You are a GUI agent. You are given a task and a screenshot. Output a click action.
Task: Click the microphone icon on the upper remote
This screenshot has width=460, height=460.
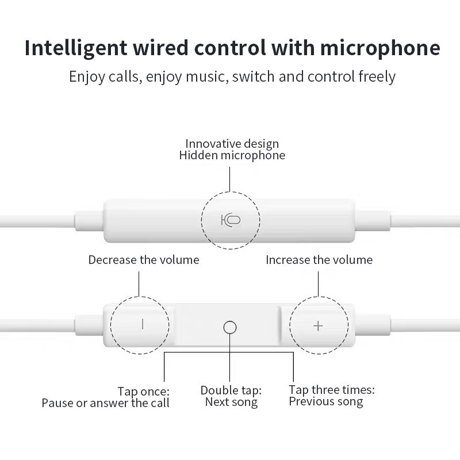tap(231, 220)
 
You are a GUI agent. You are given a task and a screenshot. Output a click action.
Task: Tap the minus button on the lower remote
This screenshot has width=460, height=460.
tap(143, 324)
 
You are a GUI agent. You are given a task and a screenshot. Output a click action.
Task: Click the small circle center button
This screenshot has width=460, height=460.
tap(229, 327)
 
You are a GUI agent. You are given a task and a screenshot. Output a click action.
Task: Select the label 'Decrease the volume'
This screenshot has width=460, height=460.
tap(144, 260)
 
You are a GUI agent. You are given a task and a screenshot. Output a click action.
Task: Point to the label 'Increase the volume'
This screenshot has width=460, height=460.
tap(319, 260)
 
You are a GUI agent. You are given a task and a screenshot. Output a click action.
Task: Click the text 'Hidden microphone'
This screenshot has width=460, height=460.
tap(232, 155)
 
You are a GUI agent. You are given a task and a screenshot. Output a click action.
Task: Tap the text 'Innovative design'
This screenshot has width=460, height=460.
tap(232, 143)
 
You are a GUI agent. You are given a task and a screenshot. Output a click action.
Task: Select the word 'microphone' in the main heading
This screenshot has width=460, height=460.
tap(380, 48)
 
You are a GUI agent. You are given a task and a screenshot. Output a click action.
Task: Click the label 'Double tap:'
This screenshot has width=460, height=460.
tap(231, 390)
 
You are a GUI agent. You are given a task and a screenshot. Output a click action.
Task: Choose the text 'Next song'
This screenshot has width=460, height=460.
tap(231, 402)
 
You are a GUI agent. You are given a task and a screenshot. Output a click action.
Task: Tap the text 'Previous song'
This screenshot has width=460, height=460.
tap(326, 401)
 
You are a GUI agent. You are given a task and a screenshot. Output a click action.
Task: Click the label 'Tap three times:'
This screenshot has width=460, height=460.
tap(332, 390)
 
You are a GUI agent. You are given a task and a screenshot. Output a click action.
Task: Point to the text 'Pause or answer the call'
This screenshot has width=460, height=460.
tap(105, 403)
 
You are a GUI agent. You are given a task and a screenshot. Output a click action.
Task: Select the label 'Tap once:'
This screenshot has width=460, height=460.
tap(143, 391)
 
